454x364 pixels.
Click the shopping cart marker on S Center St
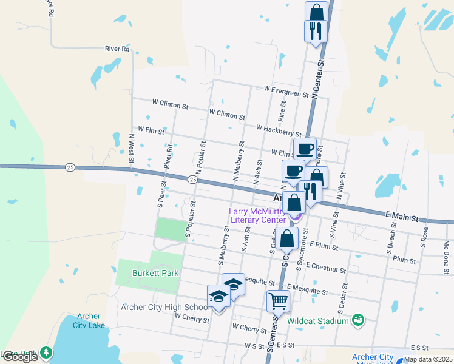tap(278, 300)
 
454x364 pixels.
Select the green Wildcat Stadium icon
tap(357, 319)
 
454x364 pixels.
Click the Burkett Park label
tap(157, 273)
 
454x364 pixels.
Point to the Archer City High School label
tap(166, 307)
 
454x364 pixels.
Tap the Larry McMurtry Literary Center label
tap(256, 215)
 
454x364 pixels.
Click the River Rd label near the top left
tap(117, 49)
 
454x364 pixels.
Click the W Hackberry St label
tap(279, 129)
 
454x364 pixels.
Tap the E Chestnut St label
tap(326, 266)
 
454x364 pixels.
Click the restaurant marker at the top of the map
tap(316, 32)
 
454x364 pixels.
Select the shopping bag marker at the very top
tap(316, 12)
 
